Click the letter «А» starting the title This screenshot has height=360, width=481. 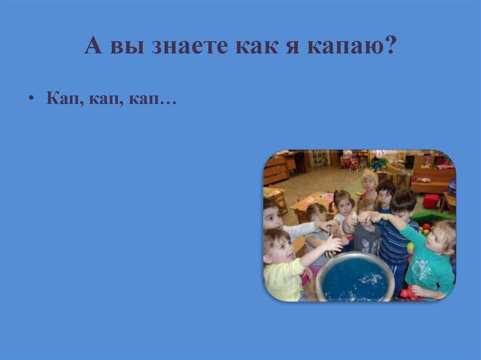pos(93,47)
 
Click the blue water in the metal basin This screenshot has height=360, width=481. pos(355,279)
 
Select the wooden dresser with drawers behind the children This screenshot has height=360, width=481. pos(275,170)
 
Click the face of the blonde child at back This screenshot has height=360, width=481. pos(369,181)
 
